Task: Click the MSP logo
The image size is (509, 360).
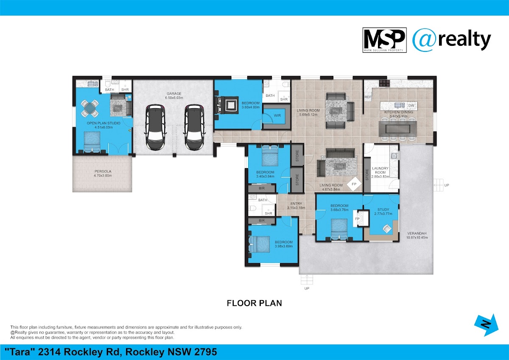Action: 384,40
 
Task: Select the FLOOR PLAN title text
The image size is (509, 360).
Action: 254,303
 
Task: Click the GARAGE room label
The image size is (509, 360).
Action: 174,93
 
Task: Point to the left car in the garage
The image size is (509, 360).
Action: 155,127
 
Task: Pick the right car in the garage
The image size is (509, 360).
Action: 195,127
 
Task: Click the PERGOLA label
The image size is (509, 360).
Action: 103,171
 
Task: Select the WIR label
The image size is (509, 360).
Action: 277,115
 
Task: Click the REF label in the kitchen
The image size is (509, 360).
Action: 368,97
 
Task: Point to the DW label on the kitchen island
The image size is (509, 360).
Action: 411,106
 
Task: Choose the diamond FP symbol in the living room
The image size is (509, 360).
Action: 354,184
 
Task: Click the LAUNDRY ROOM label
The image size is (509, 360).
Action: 380,170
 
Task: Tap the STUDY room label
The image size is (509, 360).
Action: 383,209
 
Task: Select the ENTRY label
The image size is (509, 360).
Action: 296,203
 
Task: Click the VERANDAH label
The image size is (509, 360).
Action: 417,233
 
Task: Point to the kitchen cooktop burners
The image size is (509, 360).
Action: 384,83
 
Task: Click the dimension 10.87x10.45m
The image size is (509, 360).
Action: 417,238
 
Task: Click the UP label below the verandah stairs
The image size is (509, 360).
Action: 307,288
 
